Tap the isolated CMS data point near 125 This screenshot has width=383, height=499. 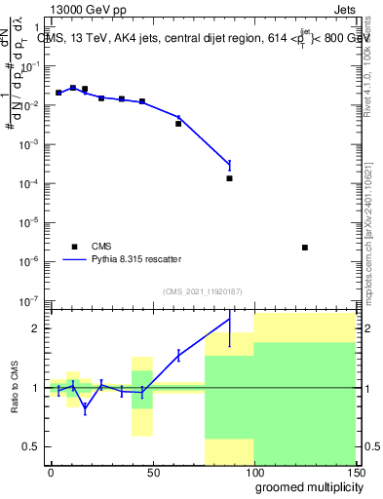coord(305,248)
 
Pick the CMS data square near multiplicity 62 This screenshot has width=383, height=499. coord(178,124)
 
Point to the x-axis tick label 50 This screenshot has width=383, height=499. coord(152,473)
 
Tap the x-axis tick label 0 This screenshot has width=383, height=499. coord(51,473)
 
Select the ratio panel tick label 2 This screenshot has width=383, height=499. coord(37,328)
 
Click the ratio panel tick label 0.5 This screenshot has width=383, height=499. coord(31,446)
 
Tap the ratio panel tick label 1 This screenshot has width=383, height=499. coord(37,388)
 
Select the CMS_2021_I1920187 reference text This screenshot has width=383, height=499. coord(202,289)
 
